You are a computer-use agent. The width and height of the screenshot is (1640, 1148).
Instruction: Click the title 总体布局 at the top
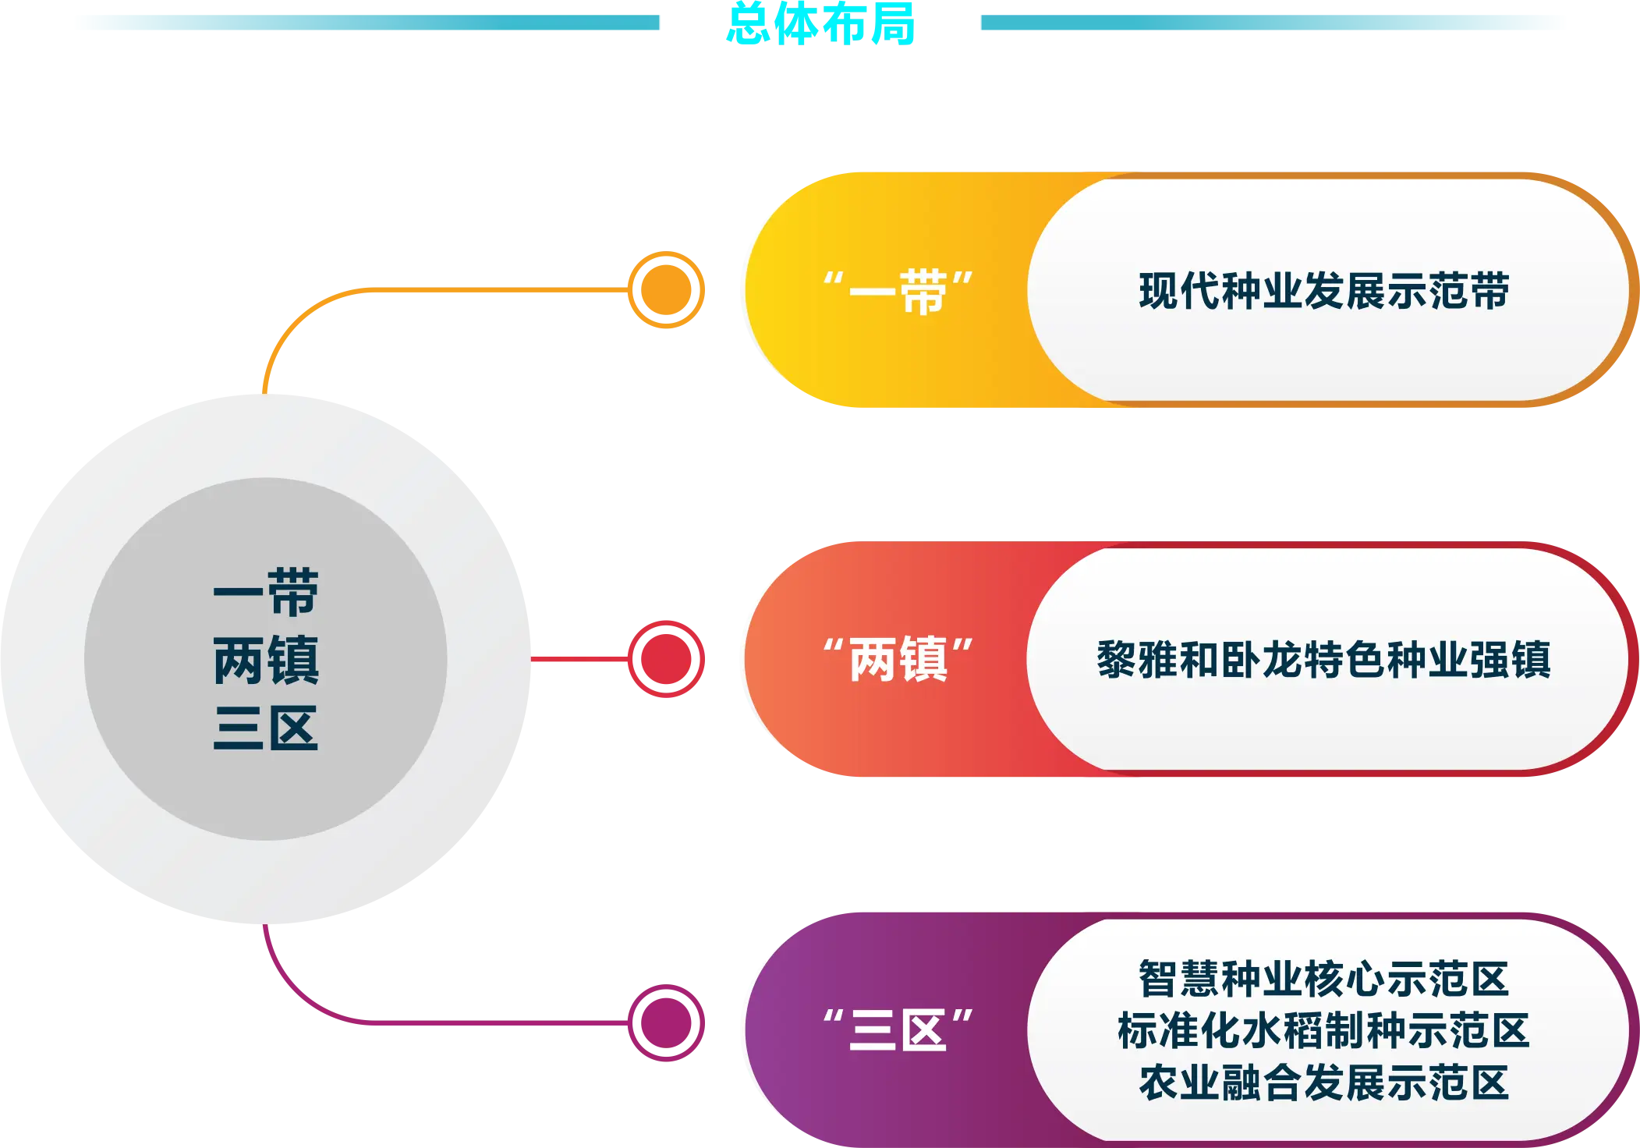(820, 23)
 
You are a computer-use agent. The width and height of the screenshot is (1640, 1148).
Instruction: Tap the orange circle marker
(666, 290)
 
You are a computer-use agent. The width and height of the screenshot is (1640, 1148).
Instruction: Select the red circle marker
(666, 660)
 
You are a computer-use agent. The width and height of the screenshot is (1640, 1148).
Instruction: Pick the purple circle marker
(666, 1022)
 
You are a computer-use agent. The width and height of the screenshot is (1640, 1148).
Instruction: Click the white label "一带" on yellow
(898, 292)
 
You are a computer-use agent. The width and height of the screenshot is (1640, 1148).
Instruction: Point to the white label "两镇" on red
(898, 660)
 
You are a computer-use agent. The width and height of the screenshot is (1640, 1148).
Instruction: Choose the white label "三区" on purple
(898, 1029)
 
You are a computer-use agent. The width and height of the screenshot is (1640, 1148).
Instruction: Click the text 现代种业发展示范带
(1323, 292)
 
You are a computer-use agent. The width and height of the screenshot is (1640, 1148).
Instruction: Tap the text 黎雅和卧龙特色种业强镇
(1323, 660)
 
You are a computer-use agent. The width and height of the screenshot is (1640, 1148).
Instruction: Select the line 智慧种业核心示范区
(1323, 979)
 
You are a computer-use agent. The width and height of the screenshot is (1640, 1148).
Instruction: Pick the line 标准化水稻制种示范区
(1323, 1030)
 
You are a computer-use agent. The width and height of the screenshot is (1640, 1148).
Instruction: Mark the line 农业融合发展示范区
(1323, 1082)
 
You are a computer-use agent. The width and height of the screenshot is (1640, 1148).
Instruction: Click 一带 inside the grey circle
(266, 593)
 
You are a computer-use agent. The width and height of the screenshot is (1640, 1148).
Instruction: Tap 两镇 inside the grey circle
(266, 660)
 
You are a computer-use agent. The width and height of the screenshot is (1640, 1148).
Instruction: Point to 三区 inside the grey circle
(266, 728)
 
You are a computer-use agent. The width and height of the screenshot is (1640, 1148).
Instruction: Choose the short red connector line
(577, 660)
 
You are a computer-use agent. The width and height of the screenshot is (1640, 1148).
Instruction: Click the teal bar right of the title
(1271, 22)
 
